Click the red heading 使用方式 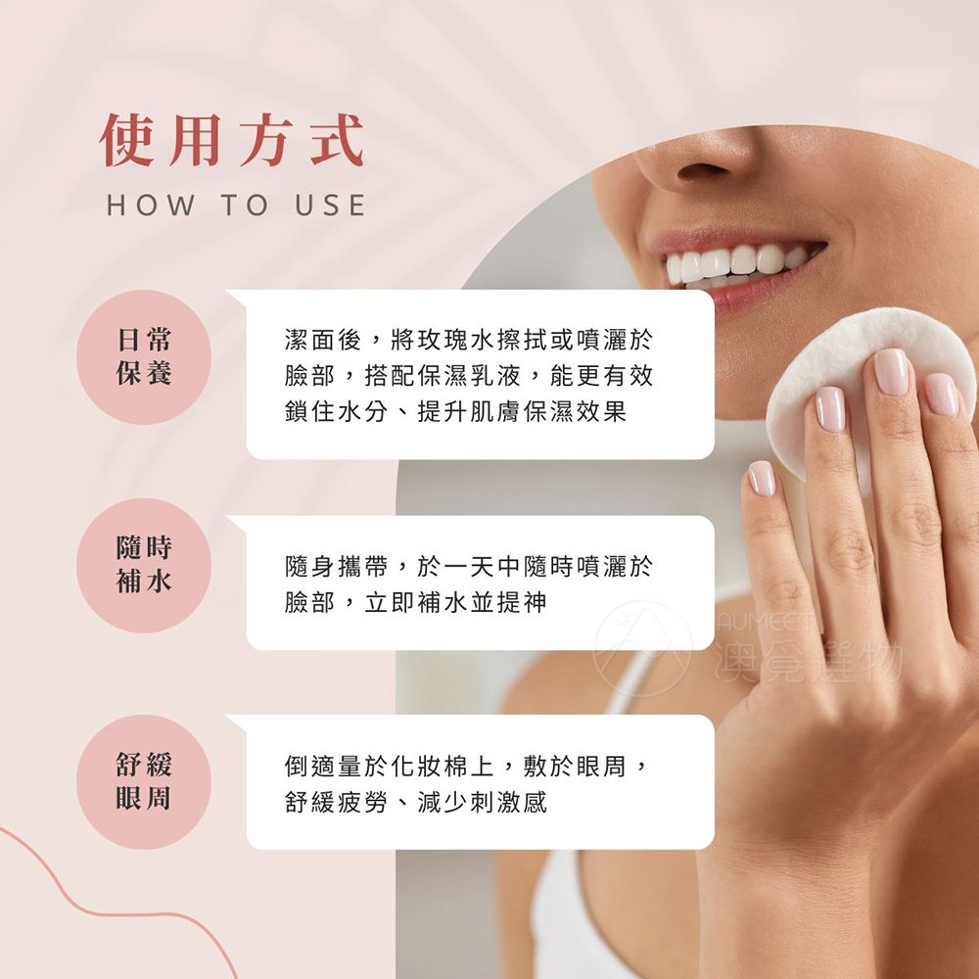coord(232,140)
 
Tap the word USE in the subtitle coord(330,206)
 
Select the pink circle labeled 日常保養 coord(144,357)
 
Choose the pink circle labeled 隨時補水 coord(144,565)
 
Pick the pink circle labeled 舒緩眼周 coord(144,781)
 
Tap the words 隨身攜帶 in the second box coord(336,566)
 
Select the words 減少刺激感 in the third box coord(482,803)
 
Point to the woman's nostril coord(702,171)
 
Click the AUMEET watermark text coord(767,622)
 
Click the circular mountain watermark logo coord(642,649)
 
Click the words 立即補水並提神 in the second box coord(456,602)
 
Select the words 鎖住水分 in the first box coord(336,411)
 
